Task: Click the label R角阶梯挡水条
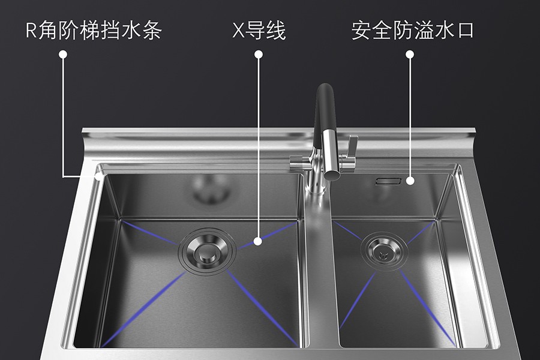94,31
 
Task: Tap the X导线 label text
259,31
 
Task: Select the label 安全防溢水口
413,31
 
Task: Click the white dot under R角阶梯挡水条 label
63,54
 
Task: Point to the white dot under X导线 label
258,54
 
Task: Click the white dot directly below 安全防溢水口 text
410,54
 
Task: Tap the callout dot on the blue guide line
258,241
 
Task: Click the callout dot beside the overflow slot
410,181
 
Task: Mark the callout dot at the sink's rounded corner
100,176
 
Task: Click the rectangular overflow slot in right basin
388,181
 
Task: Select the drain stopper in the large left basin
208,251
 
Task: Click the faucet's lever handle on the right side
352,146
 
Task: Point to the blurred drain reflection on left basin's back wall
211,189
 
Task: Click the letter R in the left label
31,31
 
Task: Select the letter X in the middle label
238,31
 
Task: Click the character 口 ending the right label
465,31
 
